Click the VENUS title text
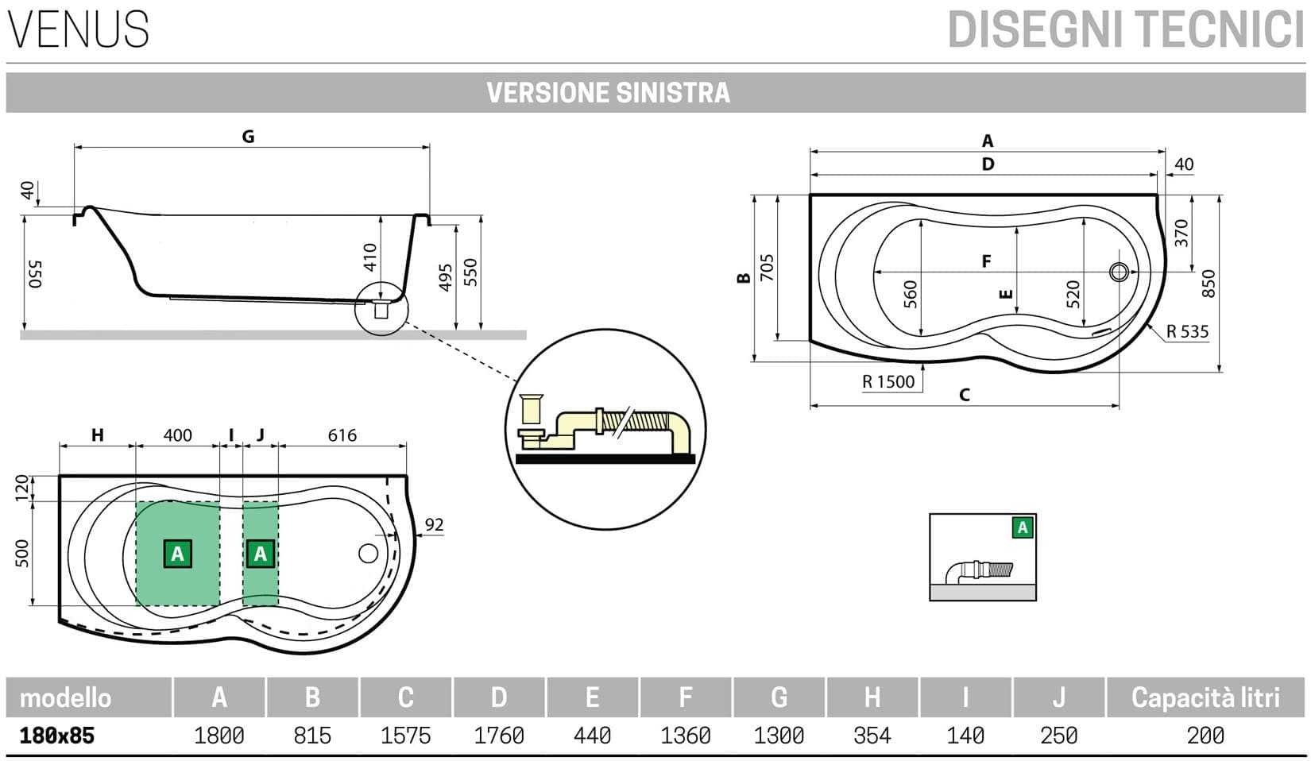click(78, 29)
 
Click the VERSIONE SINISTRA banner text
click(608, 93)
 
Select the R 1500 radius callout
click(888, 382)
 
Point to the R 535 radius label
click(1187, 332)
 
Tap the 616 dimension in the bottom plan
click(342, 435)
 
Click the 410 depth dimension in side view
click(369, 257)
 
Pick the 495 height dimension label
click(446, 277)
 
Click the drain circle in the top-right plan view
click(1119, 272)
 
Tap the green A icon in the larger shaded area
click(177, 554)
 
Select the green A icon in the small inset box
click(1023, 527)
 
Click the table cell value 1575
click(405, 736)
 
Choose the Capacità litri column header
click(1205, 697)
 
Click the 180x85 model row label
click(57, 736)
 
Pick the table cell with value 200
click(1205, 736)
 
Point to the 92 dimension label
click(434, 525)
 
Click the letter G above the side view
click(248, 137)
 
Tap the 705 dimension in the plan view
click(767, 268)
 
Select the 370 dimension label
click(1181, 233)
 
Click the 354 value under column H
click(872, 736)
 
